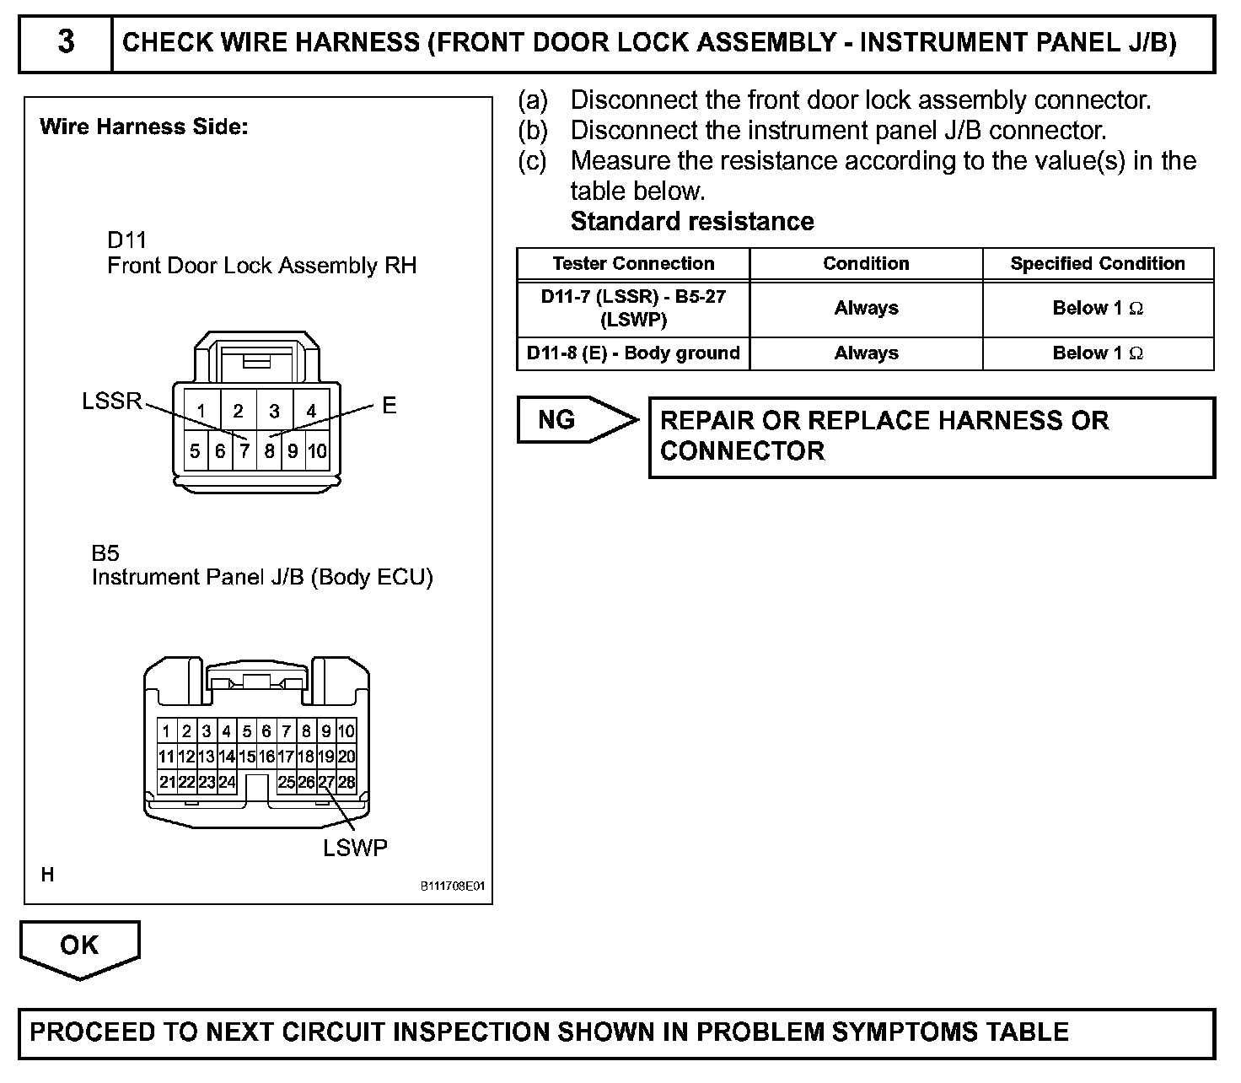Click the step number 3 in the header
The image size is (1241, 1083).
coord(66,42)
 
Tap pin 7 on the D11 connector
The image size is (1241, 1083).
coord(244,451)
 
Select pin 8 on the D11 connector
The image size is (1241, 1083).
coord(269,451)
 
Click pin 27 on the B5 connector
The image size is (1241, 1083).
coord(326,782)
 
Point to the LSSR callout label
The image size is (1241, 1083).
coord(112,401)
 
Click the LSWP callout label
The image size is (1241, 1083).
coord(355,848)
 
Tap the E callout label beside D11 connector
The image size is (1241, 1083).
coord(389,406)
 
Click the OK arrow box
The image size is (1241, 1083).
coord(79,946)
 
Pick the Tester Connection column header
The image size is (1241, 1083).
coord(633,264)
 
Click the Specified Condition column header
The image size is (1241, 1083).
coord(1098,264)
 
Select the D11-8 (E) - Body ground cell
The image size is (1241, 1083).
coord(633,353)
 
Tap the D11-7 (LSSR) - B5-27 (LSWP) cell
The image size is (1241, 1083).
coord(633,309)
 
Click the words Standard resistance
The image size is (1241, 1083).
coord(692,222)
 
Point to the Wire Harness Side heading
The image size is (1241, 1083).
coord(144,127)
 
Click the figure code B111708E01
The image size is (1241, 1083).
coord(453,886)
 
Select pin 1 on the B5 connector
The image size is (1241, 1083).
coord(167,731)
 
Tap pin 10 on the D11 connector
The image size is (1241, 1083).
coord(317,451)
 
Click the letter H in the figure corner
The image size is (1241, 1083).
coord(47,875)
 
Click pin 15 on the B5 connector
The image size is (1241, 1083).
coord(246,757)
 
